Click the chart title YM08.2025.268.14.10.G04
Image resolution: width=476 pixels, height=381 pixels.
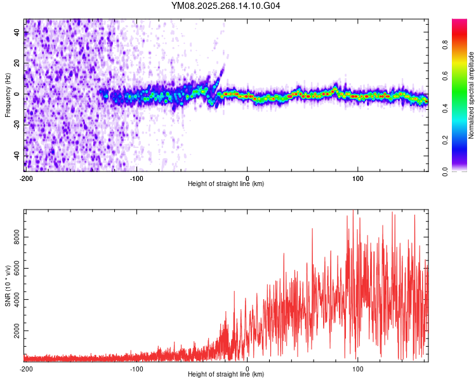226,6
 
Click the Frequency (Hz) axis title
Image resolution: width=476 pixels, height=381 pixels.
8,95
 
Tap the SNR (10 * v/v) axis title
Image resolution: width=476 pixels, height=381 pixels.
8,285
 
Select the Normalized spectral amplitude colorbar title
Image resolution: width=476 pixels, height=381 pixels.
472,95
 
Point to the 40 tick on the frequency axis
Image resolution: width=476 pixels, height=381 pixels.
18,32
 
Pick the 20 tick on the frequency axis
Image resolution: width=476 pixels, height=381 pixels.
18,63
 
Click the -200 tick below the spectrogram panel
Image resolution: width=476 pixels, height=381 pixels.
26,178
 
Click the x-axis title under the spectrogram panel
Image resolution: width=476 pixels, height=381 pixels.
226,184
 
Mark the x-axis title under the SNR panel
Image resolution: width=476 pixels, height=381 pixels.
226,375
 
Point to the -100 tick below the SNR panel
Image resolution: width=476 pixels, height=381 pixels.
136,368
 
